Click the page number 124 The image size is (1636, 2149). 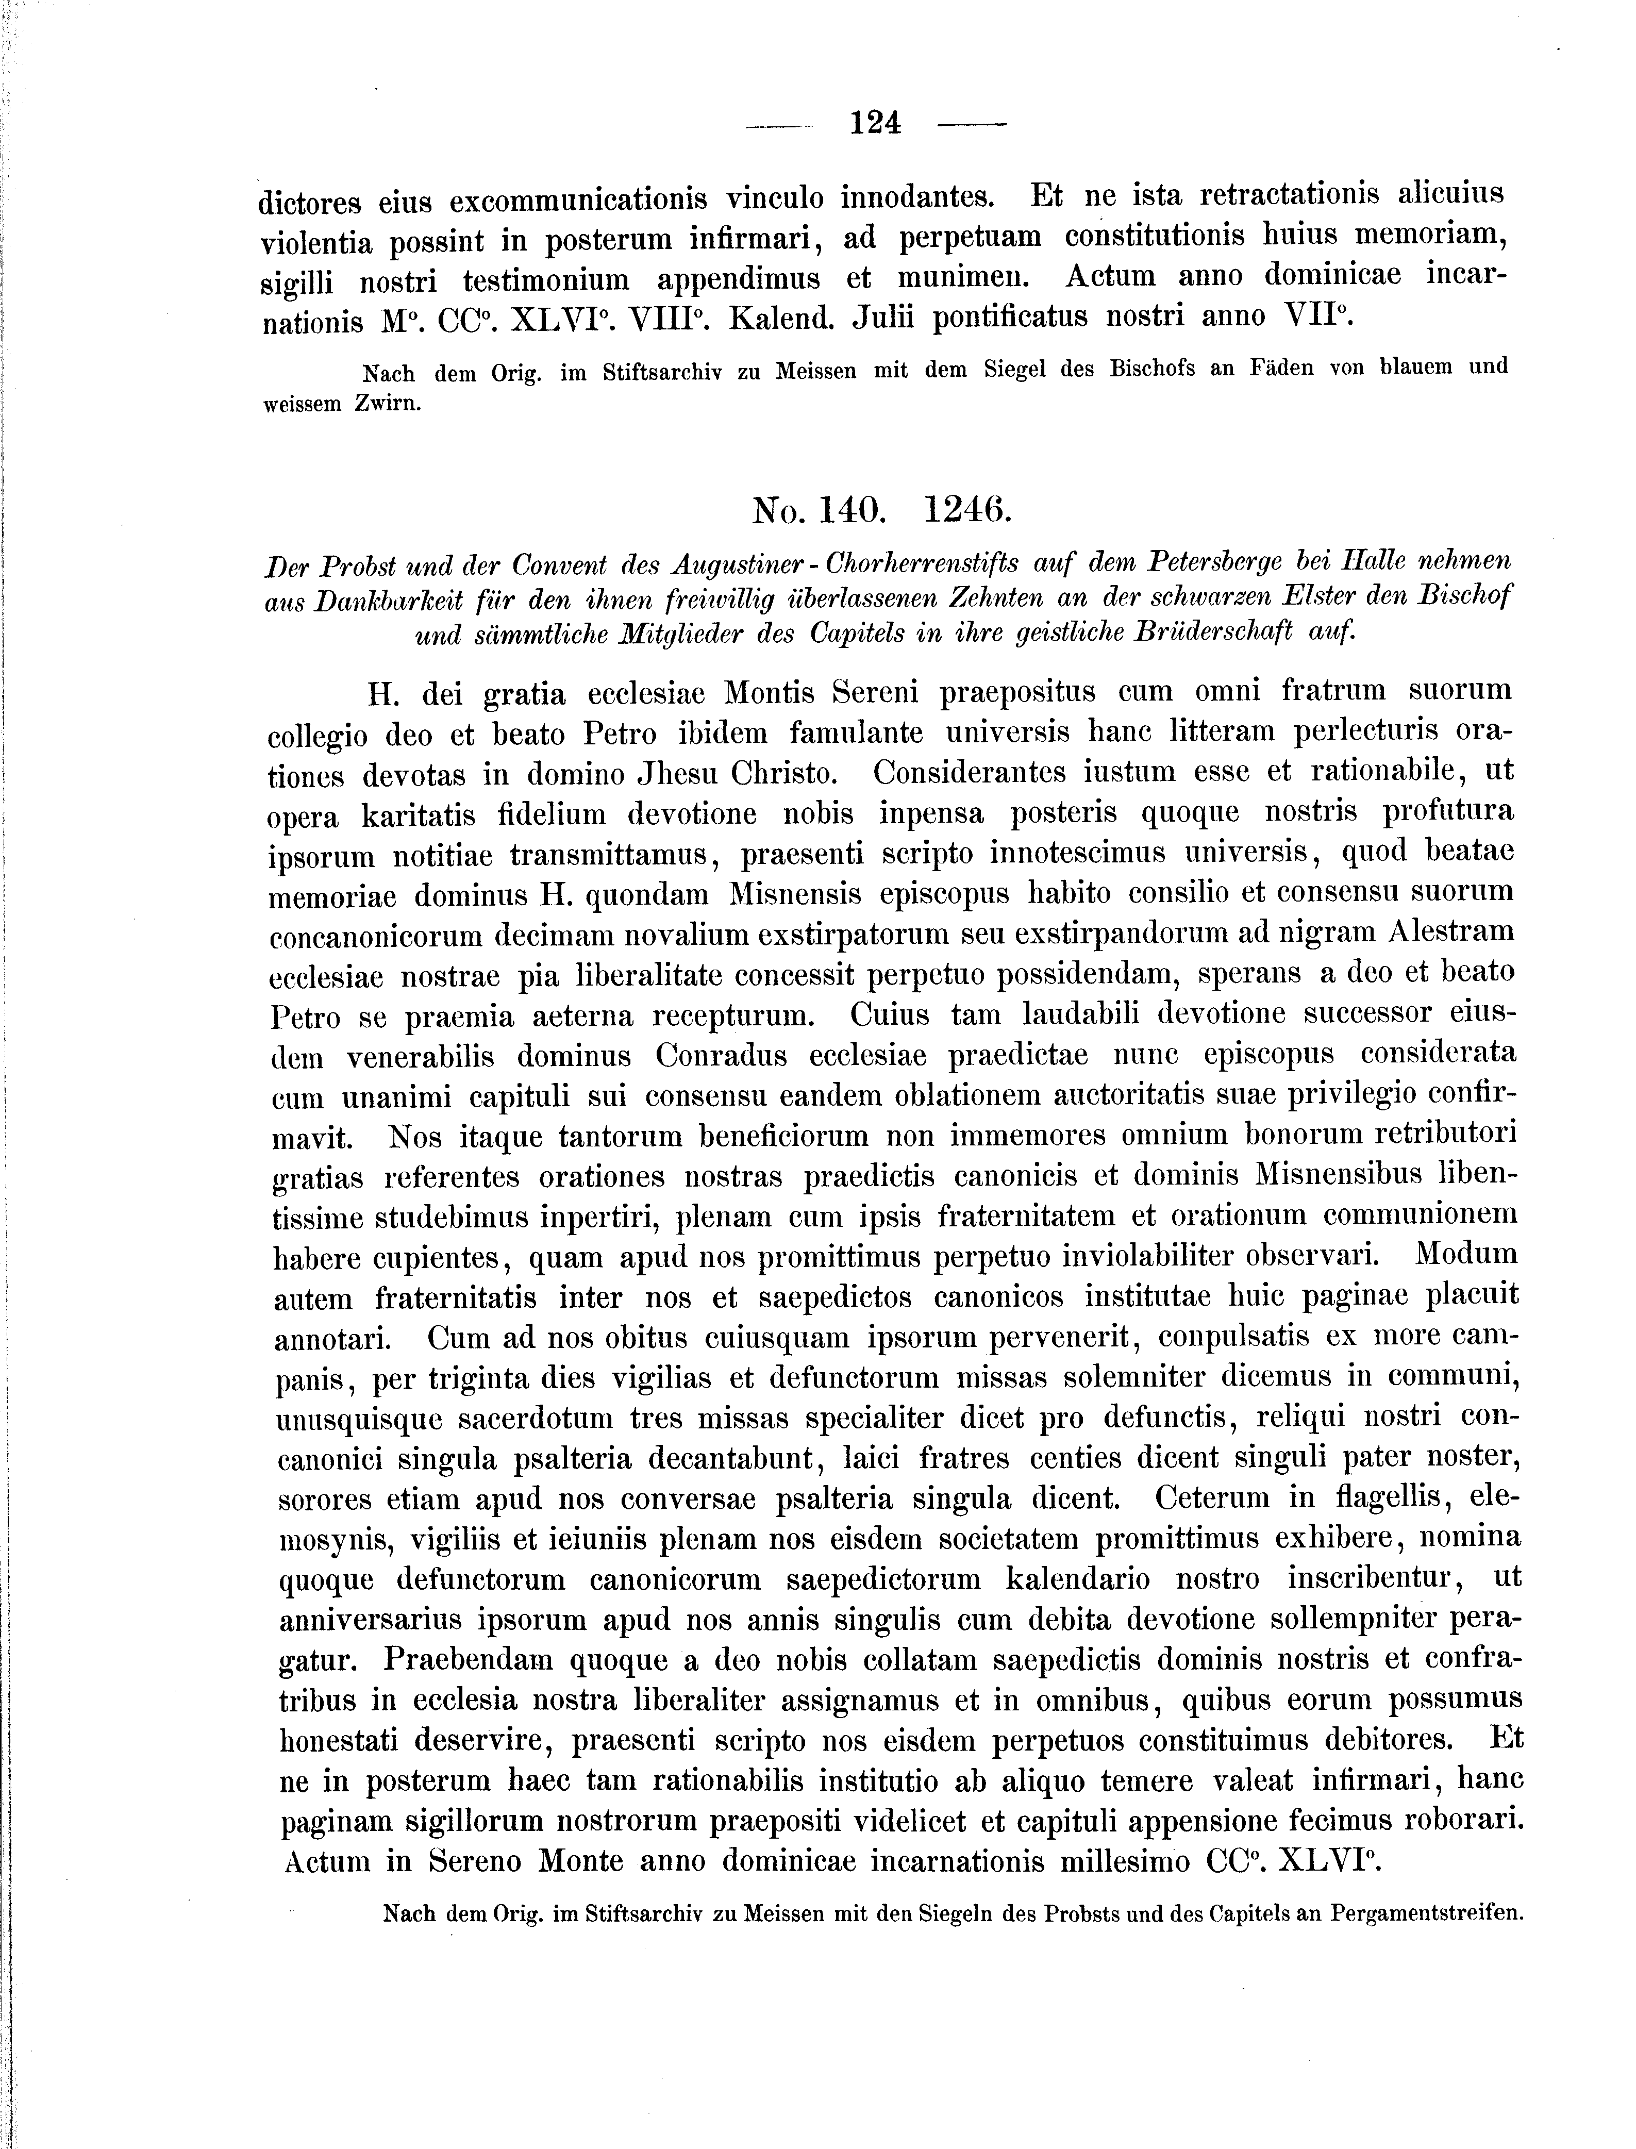pos(875,124)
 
